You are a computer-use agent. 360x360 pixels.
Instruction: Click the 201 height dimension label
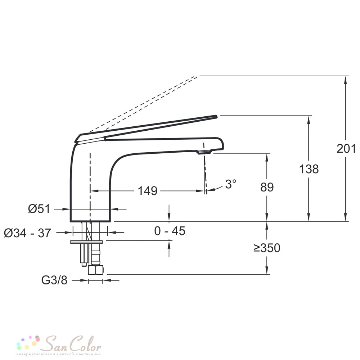[x=346, y=149]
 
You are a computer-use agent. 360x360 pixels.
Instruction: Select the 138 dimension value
[x=309, y=169]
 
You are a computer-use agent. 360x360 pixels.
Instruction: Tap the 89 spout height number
[x=267, y=187]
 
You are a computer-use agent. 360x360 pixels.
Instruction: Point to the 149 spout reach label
[x=147, y=191]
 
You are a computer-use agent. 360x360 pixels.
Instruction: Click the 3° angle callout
[x=230, y=184]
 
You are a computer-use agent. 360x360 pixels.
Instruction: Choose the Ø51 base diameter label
[x=39, y=209]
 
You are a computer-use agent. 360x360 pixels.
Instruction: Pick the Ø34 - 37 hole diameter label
[x=27, y=233]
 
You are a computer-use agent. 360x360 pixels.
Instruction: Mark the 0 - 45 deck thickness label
[x=170, y=231]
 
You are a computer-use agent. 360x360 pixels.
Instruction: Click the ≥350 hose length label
[x=267, y=248]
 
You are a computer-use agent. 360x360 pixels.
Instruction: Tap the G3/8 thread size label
[x=54, y=280]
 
